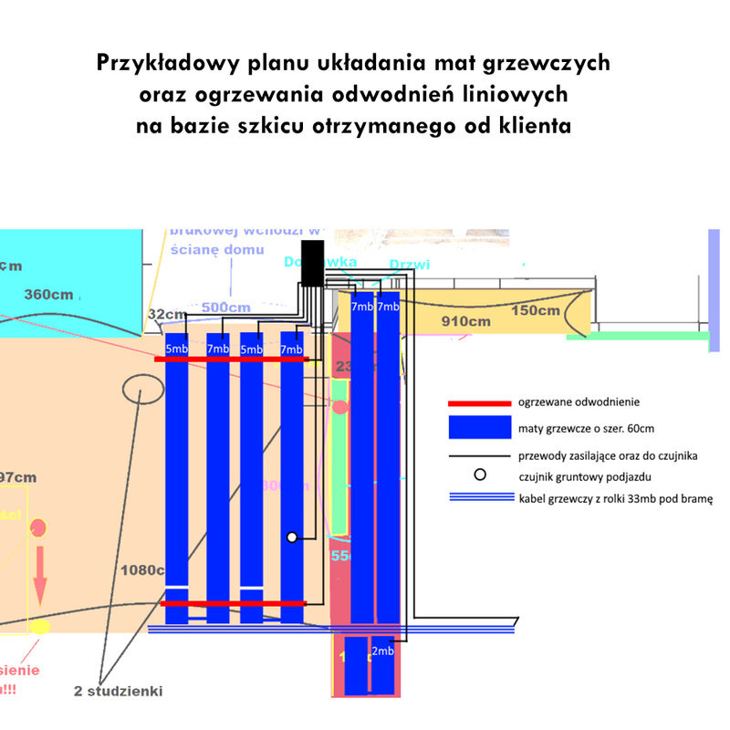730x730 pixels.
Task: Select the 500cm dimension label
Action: pyautogui.click(x=225, y=308)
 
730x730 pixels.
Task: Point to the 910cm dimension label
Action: pyautogui.click(x=465, y=321)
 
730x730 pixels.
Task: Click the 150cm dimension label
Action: pyautogui.click(x=536, y=310)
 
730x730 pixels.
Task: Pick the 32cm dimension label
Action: pyautogui.click(x=165, y=314)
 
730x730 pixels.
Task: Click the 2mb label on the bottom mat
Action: pyautogui.click(x=383, y=652)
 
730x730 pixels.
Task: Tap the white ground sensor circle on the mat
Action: pyautogui.click(x=292, y=537)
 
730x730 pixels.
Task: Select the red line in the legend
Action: pyautogui.click(x=479, y=402)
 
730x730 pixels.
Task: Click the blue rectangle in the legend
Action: pyautogui.click(x=479, y=427)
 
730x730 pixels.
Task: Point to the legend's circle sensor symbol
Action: pyautogui.click(x=479, y=474)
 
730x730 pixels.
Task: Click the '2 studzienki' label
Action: pyautogui.click(x=119, y=691)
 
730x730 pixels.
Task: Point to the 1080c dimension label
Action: pyautogui.click(x=142, y=570)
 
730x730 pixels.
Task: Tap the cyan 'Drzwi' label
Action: pyautogui.click(x=409, y=266)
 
